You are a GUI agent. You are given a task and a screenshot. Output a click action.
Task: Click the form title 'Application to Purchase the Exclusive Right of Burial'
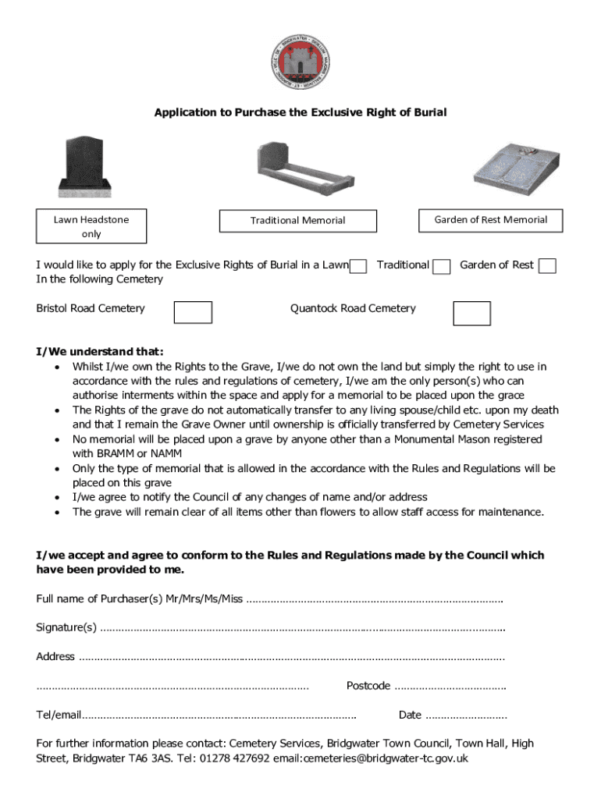click(300, 112)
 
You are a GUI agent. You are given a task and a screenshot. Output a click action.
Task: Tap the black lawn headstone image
click(84, 166)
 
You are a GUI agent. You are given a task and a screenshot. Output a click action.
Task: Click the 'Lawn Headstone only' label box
click(91, 226)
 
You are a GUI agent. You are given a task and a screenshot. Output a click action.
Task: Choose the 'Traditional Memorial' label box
click(297, 221)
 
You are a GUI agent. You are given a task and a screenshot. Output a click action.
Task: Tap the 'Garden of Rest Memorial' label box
click(490, 220)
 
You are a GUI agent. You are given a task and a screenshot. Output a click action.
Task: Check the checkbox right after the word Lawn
click(358, 267)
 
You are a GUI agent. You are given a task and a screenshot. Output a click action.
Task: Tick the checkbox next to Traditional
click(442, 267)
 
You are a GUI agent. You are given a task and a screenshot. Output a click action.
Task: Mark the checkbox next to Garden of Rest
click(548, 266)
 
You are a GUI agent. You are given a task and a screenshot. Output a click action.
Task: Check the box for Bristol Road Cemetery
click(193, 312)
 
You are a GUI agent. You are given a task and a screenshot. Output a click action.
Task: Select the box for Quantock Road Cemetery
click(471, 313)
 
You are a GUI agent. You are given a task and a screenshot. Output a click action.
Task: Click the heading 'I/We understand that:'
click(100, 352)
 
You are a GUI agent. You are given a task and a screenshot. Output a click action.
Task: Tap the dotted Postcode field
click(450, 687)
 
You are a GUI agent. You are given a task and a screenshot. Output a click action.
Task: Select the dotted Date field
click(466, 716)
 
